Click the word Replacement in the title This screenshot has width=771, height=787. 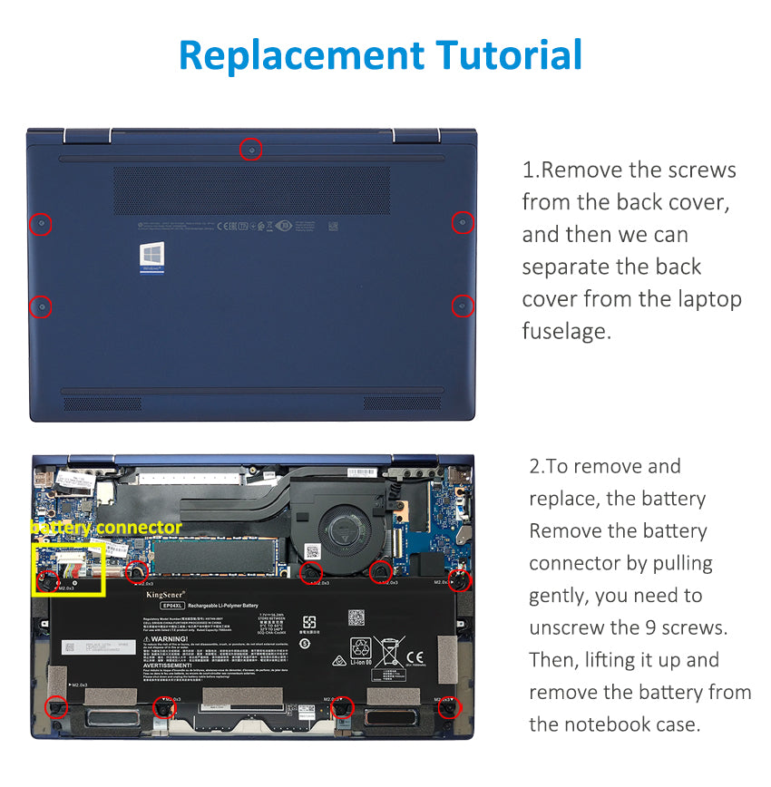[299, 56]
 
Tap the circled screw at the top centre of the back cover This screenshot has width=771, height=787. [251, 150]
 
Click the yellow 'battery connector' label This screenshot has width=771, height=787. [106, 528]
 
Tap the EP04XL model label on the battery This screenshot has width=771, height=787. [173, 605]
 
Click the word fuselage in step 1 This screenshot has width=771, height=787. [567, 332]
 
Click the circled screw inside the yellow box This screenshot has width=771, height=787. [51, 578]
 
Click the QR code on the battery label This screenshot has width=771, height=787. [356, 617]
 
